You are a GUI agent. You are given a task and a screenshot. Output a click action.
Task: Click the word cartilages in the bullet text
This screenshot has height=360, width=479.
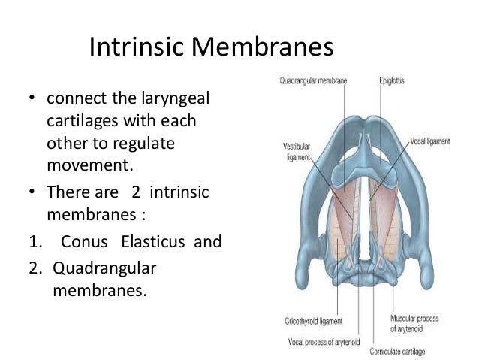pos(80,121)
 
